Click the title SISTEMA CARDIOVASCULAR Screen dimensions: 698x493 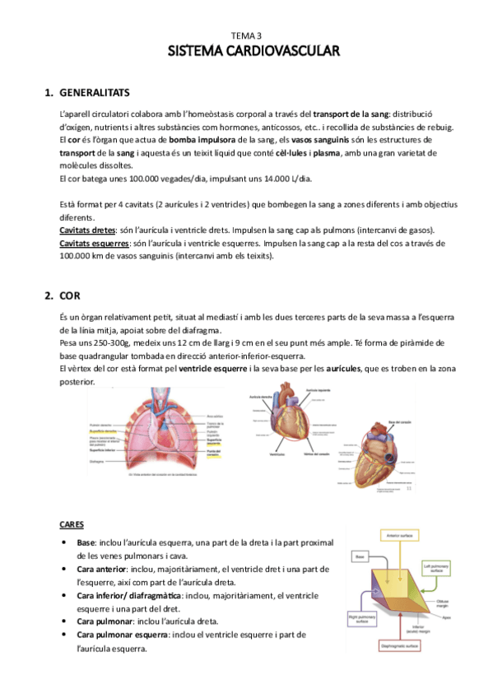point(246,52)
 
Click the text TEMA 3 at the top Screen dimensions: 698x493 point(246,36)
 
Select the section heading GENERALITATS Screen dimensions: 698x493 point(93,91)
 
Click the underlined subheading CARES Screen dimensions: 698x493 point(72,524)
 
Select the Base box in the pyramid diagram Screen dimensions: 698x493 point(360,557)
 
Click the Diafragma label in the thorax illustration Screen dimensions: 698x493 point(97,462)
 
